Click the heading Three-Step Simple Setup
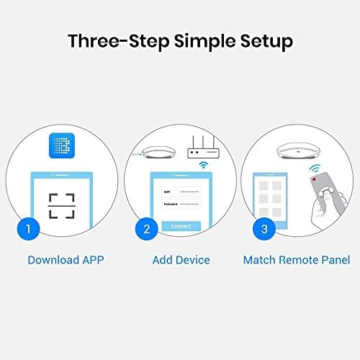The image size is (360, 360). point(180,40)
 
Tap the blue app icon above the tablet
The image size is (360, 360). point(63,148)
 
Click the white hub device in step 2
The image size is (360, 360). point(159,154)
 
